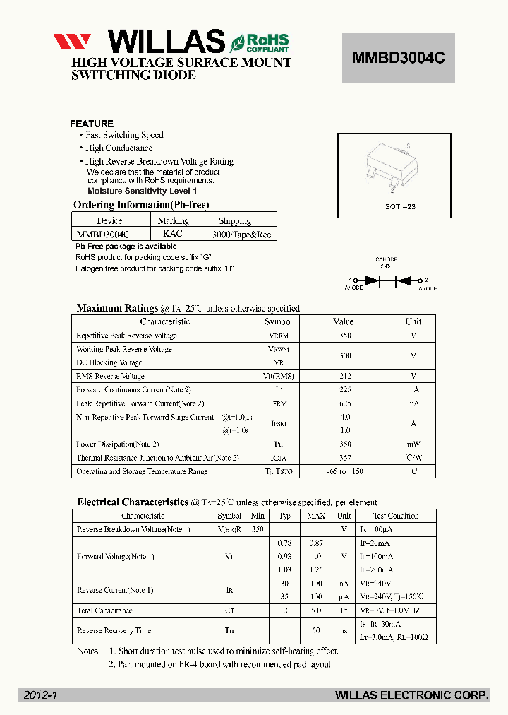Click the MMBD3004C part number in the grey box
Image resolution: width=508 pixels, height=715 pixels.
pos(398,59)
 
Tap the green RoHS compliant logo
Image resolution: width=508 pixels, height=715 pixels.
pos(258,42)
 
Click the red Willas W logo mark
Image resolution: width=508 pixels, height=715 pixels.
pos(72,42)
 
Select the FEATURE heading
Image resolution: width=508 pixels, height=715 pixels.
pos(92,124)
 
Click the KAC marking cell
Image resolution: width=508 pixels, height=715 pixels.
pos(172,234)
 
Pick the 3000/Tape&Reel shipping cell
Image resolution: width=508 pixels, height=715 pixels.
pos(242,235)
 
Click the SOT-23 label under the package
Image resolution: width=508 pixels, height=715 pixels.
pos(401,206)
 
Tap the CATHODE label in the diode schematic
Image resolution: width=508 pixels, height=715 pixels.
pos(386,259)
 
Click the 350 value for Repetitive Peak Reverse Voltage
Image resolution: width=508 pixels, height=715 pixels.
pos(345,336)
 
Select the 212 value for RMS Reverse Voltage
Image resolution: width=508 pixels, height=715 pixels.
pos(345,377)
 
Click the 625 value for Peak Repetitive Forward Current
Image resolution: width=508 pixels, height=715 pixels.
pos(345,403)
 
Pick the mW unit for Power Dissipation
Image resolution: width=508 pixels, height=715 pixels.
pos(413,444)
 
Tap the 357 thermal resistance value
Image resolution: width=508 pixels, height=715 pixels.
pos(345,458)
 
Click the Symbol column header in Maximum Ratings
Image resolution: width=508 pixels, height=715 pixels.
pos(279,321)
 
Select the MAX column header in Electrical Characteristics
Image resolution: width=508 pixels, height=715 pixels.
pos(316,516)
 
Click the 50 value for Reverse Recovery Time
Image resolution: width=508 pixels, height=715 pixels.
pos(316,630)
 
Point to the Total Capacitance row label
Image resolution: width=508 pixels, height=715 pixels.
pos(104,610)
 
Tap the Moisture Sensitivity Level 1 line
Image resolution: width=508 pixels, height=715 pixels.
pos(142,191)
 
